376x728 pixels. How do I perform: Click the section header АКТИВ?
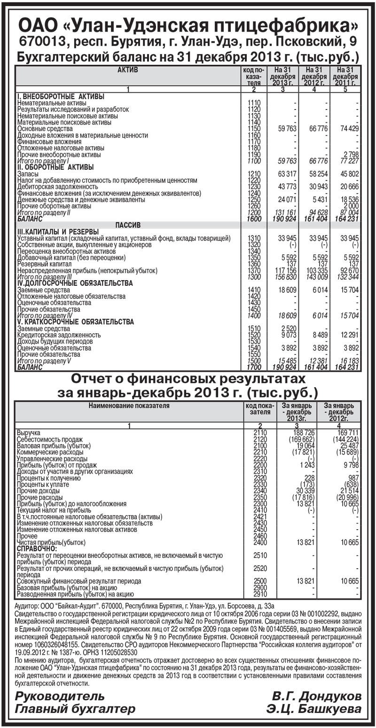[x=127, y=70]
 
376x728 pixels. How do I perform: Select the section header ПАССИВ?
[x=127, y=225]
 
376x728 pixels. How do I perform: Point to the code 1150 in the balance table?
[x=254, y=129]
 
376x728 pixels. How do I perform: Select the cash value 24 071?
[x=282, y=200]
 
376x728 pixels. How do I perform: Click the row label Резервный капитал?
[x=41, y=265]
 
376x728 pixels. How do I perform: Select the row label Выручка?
[x=29, y=432]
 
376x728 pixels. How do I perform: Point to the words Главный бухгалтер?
[x=75, y=709]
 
